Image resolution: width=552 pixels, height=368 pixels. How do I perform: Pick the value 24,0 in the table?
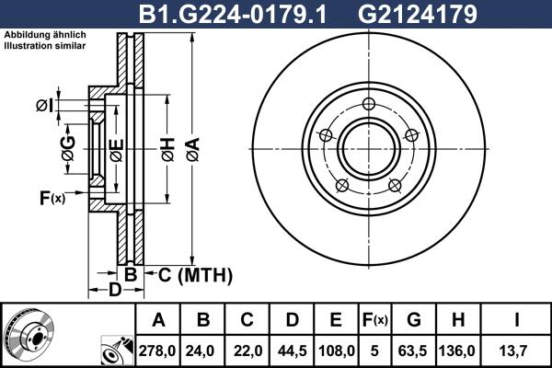click(x=203, y=351)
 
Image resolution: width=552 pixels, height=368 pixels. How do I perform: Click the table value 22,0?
click(x=247, y=351)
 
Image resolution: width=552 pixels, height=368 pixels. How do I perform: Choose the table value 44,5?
click(x=292, y=351)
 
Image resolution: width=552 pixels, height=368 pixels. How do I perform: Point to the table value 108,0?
click(x=336, y=351)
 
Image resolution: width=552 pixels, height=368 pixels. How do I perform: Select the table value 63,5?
click(x=414, y=351)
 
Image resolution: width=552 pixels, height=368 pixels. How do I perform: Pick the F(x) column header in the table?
click(x=374, y=320)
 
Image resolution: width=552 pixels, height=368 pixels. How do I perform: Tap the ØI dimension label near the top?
click(x=44, y=106)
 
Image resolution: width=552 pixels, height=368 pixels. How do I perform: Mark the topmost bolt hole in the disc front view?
click(x=369, y=104)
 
